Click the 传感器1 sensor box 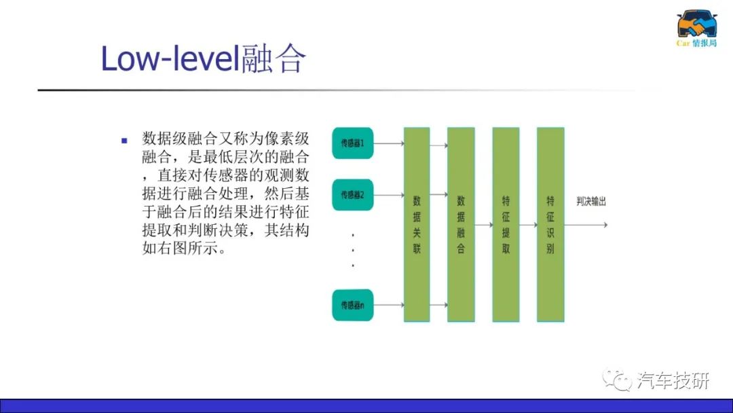click(352, 143)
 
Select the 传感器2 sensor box click(352, 194)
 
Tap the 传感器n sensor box click(352, 305)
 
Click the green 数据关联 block click(417, 225)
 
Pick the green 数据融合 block click(461, 225)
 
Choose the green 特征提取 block click(506, 225)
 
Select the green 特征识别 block click(550, 225)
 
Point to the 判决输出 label click(591, 202)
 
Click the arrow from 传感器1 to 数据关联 click(389, 143)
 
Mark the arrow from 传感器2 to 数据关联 click(389, 194)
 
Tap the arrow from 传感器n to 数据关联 click(389, 305)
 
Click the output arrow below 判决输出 click(586, 225)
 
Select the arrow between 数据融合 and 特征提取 click(484, 225)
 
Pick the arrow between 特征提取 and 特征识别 click(528, 225)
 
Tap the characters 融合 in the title click(274, 59)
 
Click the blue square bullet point click(124, 141)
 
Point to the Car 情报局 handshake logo click(696, 28)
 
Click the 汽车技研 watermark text click(673, 380)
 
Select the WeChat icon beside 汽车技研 click(617, 379)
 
